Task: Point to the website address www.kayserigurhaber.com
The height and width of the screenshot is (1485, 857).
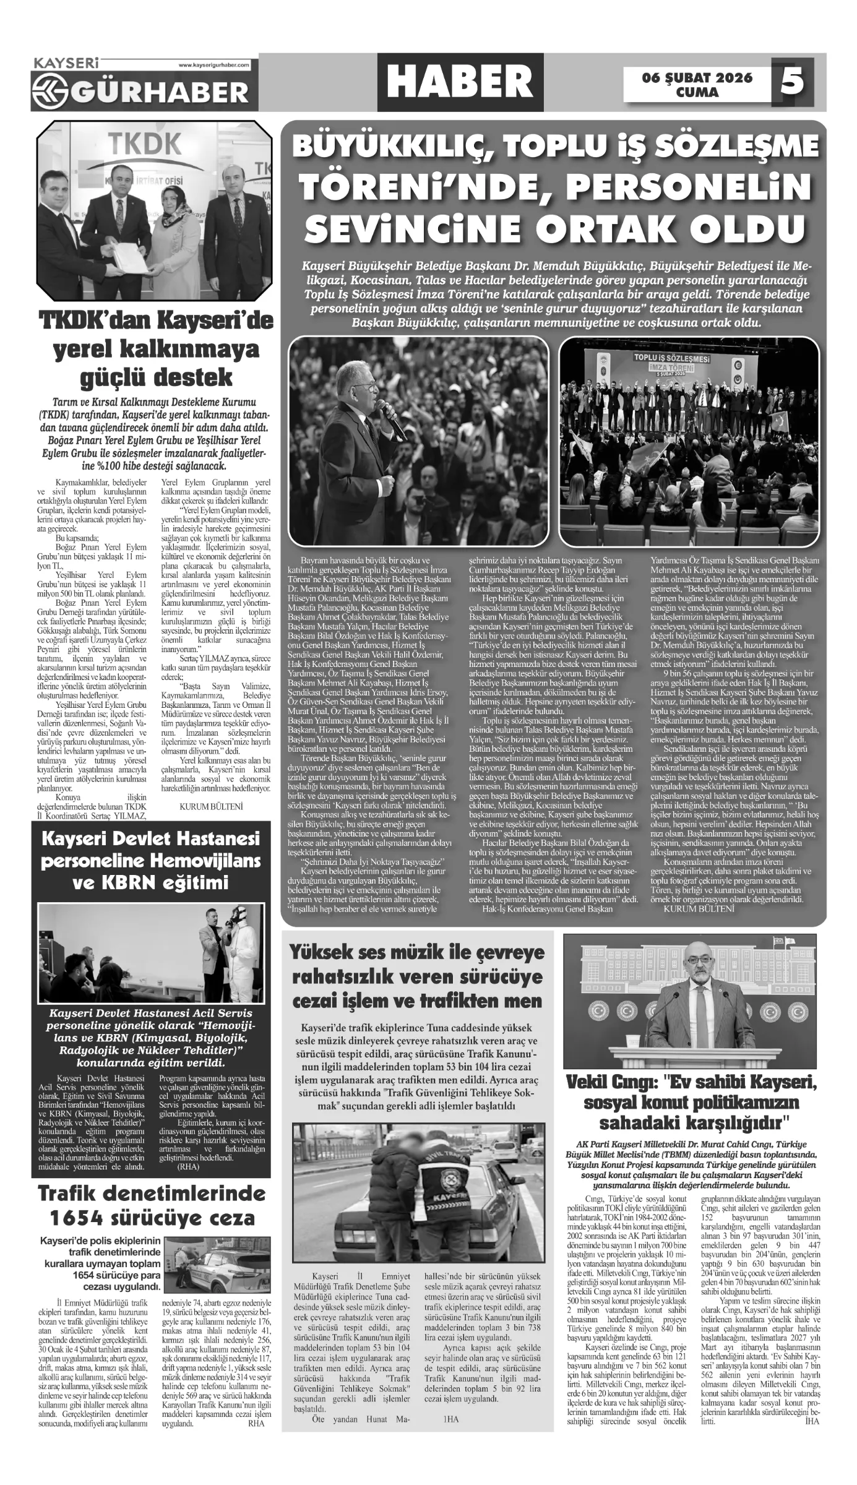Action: pos(213,64)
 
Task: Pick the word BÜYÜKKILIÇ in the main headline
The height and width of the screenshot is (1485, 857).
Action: pos(396,147)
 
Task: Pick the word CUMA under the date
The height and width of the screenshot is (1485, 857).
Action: pos(697,93)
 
